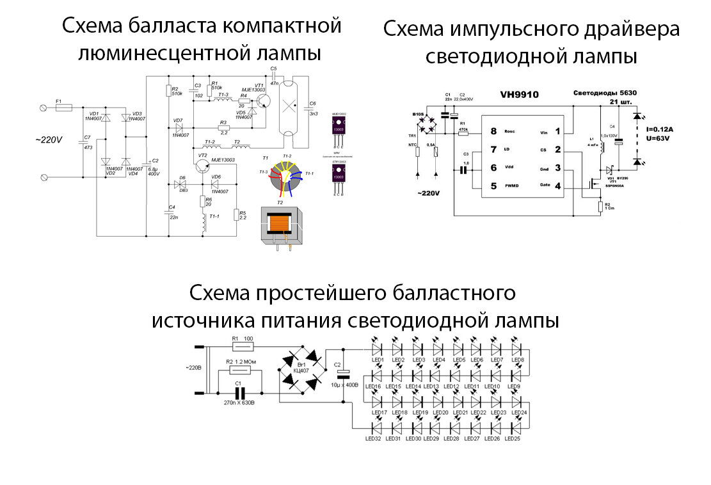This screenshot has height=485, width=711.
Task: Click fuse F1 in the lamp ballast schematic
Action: tap(64, 108)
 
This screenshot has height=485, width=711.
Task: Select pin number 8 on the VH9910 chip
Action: tap(493, 132)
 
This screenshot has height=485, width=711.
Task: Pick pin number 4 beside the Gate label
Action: tap(557, 186)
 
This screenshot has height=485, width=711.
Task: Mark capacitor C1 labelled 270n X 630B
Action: tap(240, 392)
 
